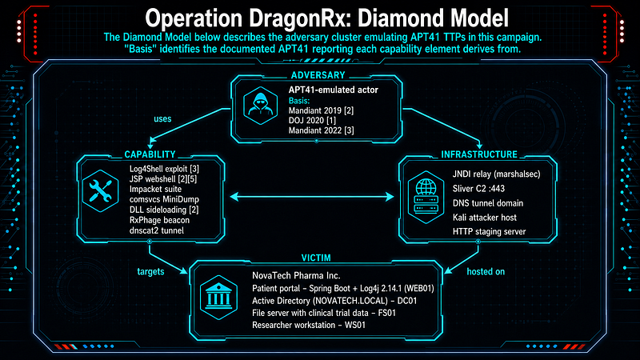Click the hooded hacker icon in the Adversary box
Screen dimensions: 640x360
click(x=260, y=106)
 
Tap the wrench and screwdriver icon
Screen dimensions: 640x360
click(x=100, y=190)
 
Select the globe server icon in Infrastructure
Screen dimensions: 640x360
click(x=426, y=197)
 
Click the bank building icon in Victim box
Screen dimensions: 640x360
click(x=218, y=298)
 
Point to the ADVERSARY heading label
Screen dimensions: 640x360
click(x=318, y=75)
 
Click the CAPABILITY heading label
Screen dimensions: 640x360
click(x=150, y=154)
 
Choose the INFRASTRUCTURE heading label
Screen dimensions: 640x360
click(x=479, y=154)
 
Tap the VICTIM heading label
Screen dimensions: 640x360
click(x=316, y=258)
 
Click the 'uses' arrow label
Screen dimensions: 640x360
click(x=162, y=118)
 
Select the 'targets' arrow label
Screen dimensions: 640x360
click(x=150, y=271)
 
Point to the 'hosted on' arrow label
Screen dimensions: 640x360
click(x=486, y=271)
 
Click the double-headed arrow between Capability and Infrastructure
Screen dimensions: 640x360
click(x=312, y=197)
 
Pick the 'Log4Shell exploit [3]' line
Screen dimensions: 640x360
click(x=164, y=169)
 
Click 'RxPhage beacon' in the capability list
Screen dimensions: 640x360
click(x=159, y=220)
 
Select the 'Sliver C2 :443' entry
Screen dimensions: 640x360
click(x=478, y=189)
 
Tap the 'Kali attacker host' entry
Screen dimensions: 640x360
click(x=485, y=217)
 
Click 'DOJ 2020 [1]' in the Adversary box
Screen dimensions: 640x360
click(x=312, y=121)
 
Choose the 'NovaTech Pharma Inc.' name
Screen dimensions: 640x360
click(x=296, y=275)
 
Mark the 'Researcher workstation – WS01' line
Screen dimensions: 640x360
click(x=309, y=325)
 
